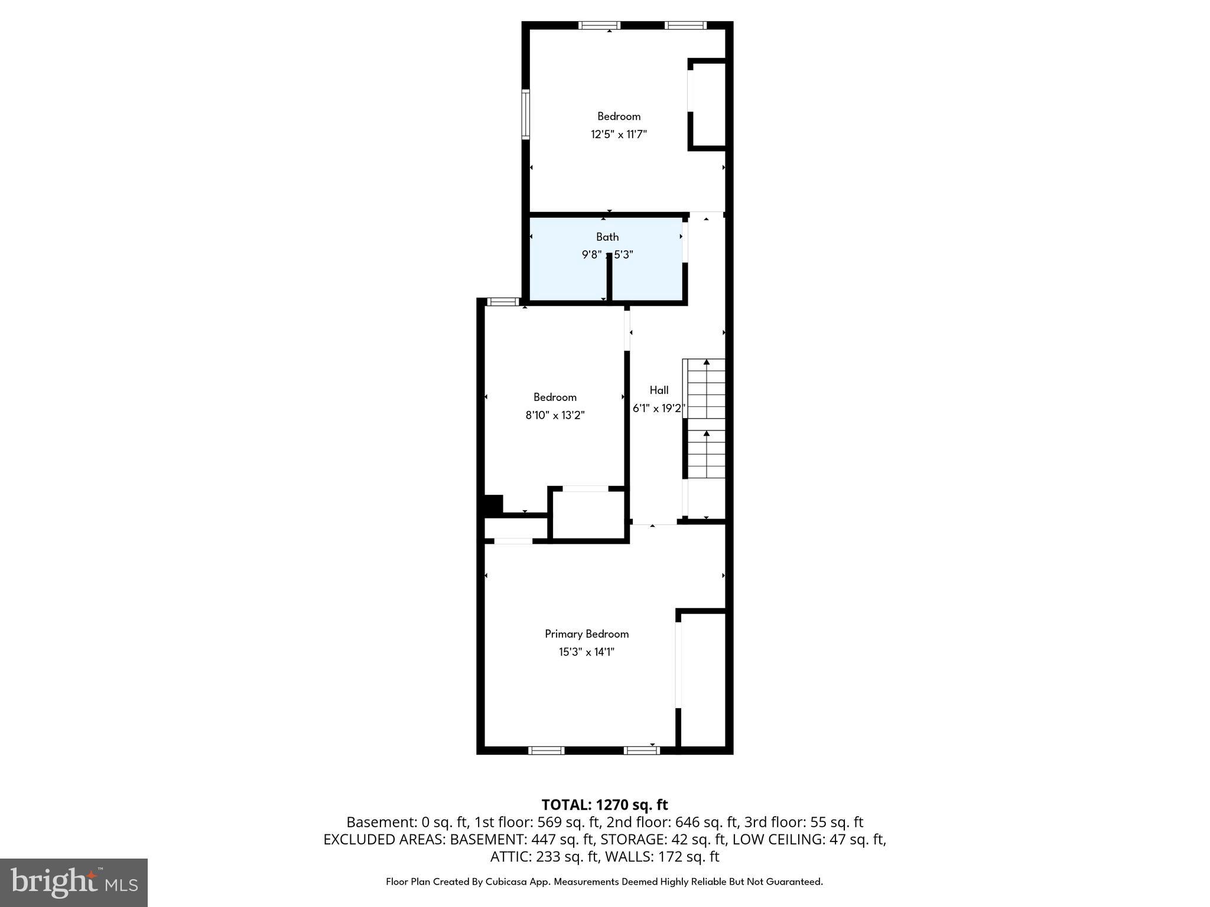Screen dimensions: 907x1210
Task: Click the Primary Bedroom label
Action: [x=586, y=634]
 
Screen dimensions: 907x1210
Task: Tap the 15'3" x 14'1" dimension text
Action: [x=586, y=652]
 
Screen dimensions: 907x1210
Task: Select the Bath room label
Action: [x=607, y=237]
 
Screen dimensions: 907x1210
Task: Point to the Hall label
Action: [x=659, y=390]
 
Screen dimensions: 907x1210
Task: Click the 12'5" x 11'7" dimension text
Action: [x=619, y=134]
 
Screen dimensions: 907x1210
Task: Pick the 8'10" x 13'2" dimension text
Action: [x=555, y=415]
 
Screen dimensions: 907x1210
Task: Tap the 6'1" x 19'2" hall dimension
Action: [x=658, y=408]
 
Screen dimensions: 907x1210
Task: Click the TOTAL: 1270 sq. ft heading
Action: [x=604, y=804]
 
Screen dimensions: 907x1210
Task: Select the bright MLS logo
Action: [x=74, y=882]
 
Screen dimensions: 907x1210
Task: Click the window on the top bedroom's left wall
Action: [x=525, y=114]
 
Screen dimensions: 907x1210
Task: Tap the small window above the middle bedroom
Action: [x=502, y=302]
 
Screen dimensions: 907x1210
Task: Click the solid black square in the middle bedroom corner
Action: [x=493, y=505]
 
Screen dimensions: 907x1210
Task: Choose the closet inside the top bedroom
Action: [x=708, y=105]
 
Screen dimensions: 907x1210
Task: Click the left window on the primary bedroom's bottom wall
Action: [x=546, y=751]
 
